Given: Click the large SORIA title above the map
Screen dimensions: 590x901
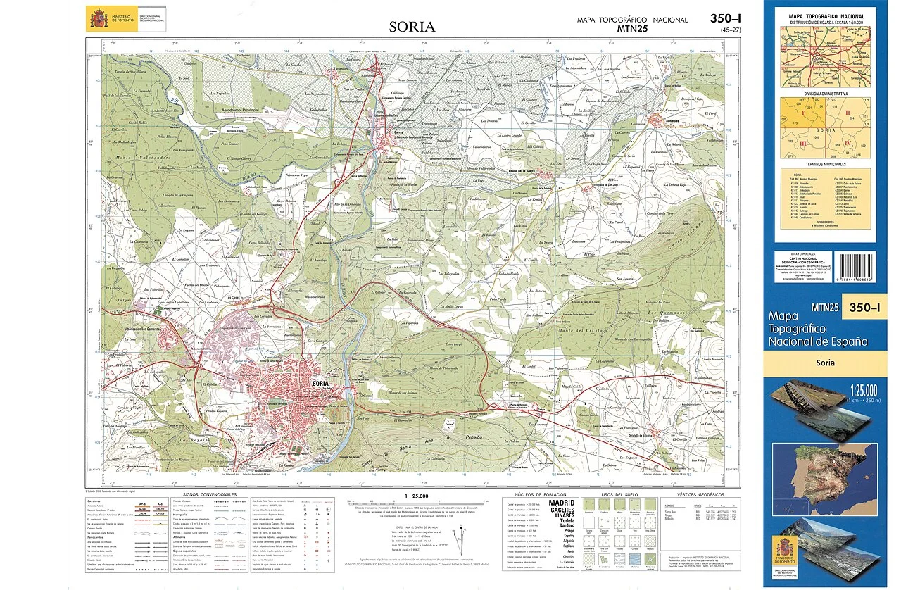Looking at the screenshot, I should [x=412, y=27].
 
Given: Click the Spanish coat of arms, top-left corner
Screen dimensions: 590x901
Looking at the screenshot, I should [x=97, y=18].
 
